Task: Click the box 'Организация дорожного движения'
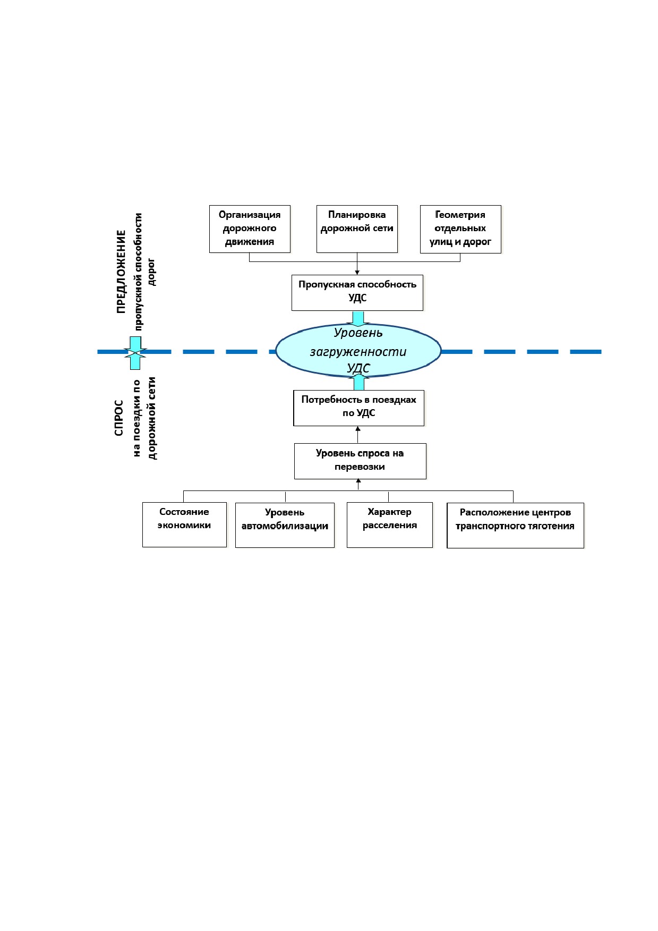click(250, 229)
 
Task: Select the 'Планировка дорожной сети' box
click(357, 229)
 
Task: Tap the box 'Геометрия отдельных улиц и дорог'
click(460, 229)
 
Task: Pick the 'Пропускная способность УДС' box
click(357, 293)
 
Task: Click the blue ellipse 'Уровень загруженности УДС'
click(358, 351)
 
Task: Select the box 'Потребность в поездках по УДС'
click(359, 408)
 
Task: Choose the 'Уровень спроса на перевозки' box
click(360, 461)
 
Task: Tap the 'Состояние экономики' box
click(184, 524)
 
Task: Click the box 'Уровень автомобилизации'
click(285, 525)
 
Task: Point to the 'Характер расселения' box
click(390, 525)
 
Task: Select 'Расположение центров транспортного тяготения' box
click(515, 525)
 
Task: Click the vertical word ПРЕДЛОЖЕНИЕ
click(122, 272)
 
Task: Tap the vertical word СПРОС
click(119, 418)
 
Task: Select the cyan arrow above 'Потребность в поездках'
click(359, 383)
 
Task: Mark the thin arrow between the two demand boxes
click(358, 435)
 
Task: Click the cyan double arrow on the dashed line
click(135, 352)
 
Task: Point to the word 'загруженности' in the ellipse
click(358, 352)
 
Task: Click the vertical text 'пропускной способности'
click(139, 272)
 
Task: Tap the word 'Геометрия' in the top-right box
click(460, 215)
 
